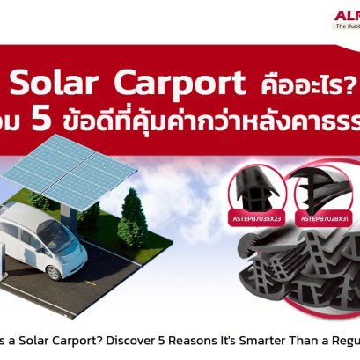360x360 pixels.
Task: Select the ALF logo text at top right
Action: [347, 14]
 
